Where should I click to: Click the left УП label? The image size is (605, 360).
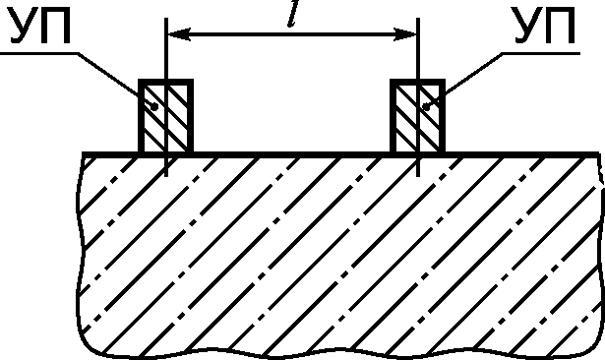[x=40, y=27]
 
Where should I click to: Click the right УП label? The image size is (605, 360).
[x=545, y=27]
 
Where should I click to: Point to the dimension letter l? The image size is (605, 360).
[x=293, y=15]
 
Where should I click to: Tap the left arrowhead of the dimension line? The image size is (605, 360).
[x=179, y=34]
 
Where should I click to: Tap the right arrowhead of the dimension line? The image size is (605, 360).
[x=405, y=34]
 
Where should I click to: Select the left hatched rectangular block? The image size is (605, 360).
[x=166, y=116]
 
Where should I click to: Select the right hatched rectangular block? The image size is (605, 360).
[x=418, y=116]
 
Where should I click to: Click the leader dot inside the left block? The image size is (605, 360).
[x=154, y=107]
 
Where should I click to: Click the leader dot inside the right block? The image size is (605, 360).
[x=427, y=107]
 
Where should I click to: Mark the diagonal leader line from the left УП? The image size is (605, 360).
[x=116, y=80]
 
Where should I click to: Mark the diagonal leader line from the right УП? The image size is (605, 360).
[x=464, y=80]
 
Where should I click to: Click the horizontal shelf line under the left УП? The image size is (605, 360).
[x=39, y=53]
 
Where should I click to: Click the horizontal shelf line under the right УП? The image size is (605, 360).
[x=541, y=53]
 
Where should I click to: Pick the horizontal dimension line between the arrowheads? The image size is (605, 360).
[x=292, y=34]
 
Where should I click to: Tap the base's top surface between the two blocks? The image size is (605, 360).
[x=292, y=154]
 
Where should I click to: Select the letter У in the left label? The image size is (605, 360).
[x=24, y=27]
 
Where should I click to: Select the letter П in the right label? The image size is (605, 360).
[x=561, y=27]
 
